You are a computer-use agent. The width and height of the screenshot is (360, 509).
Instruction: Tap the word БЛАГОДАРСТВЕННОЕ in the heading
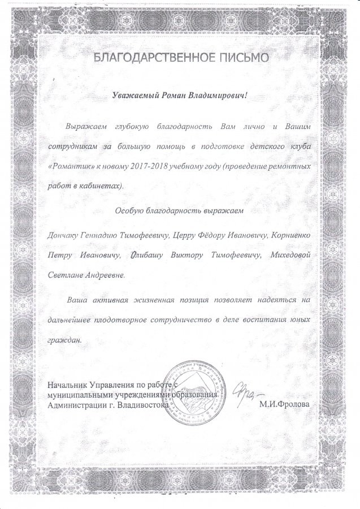(x=149, y=58)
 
